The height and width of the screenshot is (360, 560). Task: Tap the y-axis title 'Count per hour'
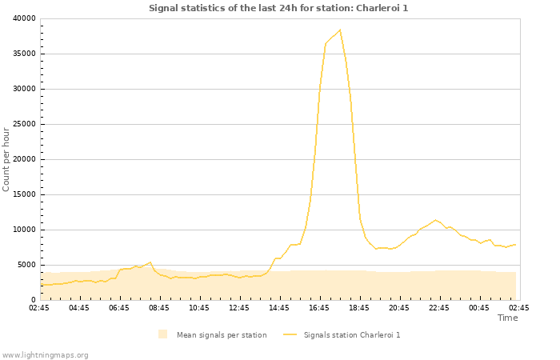(x=7, y=159)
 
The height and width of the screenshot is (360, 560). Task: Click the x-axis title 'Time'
(x=507, y=318)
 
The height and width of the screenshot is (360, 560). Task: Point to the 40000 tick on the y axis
(x=25, y=18)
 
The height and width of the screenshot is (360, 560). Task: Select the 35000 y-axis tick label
(x=25, y=54)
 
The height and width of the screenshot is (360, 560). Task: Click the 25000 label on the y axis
(x=25, y=124)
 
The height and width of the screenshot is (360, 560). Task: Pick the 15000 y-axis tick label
(x=25, y=194)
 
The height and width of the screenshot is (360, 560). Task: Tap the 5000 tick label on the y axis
(x=27, y=265)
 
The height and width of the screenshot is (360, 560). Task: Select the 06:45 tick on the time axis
(x=119, y=307)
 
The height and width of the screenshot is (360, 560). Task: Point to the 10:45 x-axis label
(x=199, y=307)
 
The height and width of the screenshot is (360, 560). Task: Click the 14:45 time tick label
(x=279, y=307)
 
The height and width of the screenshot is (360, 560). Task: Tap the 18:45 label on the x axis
(x=359, y=307)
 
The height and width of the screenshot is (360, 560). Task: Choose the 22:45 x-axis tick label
(x=439, y=307)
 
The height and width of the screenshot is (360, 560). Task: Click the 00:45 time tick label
(x=479, y=307)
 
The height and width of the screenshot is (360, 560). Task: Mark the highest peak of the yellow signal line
(x=340, y=30)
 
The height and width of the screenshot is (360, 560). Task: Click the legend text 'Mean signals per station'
(x=222, y=334)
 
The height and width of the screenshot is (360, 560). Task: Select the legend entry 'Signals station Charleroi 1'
(x=351, y=334)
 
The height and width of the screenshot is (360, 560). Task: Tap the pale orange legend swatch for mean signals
(x=163, y=334)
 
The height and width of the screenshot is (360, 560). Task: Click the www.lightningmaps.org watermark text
(x=45, y=354)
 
